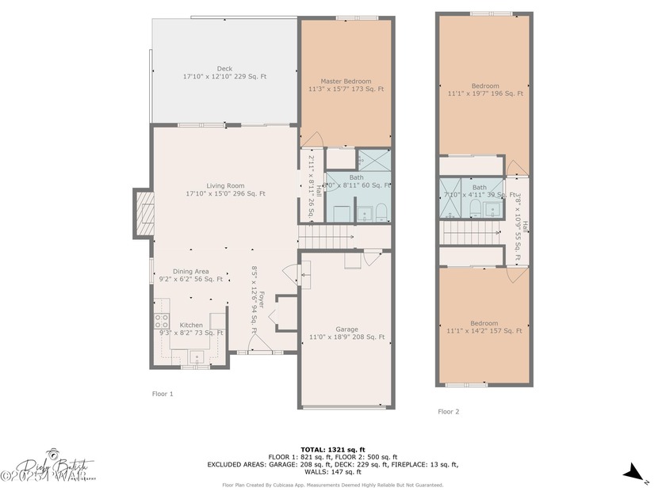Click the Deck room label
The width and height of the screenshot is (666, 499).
(x=224, y=73)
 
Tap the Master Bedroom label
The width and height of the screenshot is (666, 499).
(x=346, y=86)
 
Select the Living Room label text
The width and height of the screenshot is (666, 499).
(x=225, y=189)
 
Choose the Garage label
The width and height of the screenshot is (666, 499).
(x=346, y=333)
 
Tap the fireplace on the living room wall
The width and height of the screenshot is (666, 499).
(x=144, y=213)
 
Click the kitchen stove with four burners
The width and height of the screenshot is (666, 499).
(x=161, y=321)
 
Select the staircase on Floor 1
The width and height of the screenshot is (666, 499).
(x=326, y=236)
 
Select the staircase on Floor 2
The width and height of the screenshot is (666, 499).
(x=468, y=233)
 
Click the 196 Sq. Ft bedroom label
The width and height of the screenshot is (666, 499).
(x=485, y=90)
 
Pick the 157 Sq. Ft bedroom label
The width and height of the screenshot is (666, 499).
(x=484, y=326)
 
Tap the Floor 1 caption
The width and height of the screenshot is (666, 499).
(x=162, y=393)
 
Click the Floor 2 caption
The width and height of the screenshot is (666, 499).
(x=448, y=411)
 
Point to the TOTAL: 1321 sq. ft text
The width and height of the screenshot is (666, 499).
(x=332, y=449)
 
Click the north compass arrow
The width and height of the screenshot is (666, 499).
(x=634, y=474)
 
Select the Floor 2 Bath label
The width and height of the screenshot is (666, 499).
(x=480, y=191)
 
